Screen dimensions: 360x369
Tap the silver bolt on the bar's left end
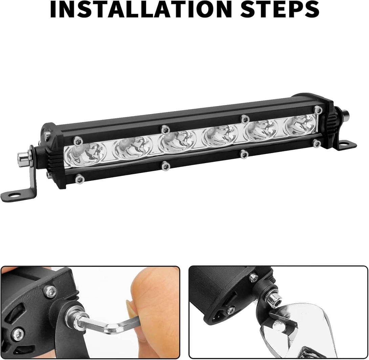[x=24, y=158]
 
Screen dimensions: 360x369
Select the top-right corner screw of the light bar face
[x=318, y=110]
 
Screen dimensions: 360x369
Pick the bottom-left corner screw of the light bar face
[x=80, y=178]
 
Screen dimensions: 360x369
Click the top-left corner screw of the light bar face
[x=78, y=141]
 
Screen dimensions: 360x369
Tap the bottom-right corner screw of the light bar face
[x=317, y=143]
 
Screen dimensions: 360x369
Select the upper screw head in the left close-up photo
[x=50, y=292]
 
